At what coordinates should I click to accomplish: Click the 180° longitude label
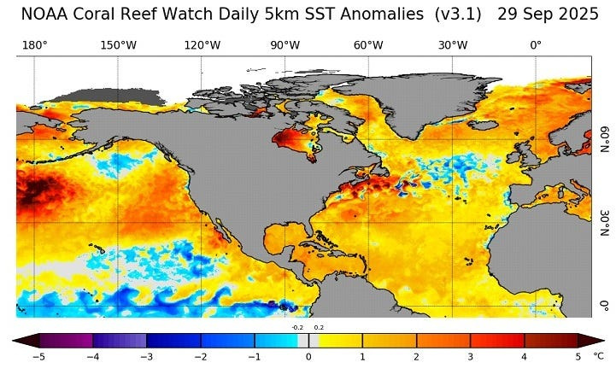pyautogui.click(x=34, y=45)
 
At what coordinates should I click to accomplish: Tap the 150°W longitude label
pyautogui.click(x=118, y=45)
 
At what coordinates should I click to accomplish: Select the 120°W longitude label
pyautogui.click(x=202, y=45)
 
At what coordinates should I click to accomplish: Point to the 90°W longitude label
pyautogui.click(x=285, y=45)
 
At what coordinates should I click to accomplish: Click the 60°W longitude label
pyautogui.click(x=368, y=45)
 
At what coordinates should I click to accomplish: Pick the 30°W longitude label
pyautogui.click(x=452, y=45)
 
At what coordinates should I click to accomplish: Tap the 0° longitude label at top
pyautogui.click(x=536, y=45)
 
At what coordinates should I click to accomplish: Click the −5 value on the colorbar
pyautogui.click(x=38, y=356)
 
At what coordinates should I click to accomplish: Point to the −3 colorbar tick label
pyautogui.click(x=146, y=356)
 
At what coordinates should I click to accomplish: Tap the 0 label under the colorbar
pyautogui.click(x=308, y=356)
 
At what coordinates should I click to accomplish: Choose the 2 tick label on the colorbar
pyautogui.click(x=417, y=356)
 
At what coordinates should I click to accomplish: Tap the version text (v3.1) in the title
pyautogui.click(x=458, y=15)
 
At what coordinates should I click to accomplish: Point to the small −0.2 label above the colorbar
pyautogui.click(x=296, y=327)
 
